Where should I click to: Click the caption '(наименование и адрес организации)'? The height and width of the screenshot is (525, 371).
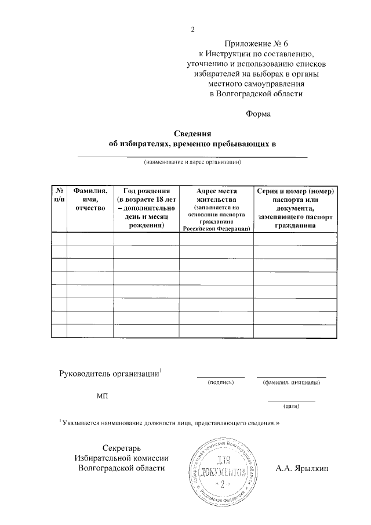click(192, 163)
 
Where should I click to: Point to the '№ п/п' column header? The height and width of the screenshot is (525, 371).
click(59, 195)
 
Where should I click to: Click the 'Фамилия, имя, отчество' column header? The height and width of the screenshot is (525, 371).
click(90, 200)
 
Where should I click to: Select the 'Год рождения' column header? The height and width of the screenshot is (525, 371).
click(146, 208)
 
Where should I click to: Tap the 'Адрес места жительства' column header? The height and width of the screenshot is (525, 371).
click(216, 209)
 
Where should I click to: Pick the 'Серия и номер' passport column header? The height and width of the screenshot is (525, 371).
click(295, 208)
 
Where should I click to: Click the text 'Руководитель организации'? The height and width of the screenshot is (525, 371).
click(110, 374)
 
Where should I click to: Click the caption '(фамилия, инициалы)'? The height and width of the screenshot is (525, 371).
click(291, 382)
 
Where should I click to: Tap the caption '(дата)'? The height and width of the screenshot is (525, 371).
click(291, 406)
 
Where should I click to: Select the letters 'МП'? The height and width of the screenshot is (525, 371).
click(102, 397)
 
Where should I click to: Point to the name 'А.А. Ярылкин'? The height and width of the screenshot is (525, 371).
click(303, 468)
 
